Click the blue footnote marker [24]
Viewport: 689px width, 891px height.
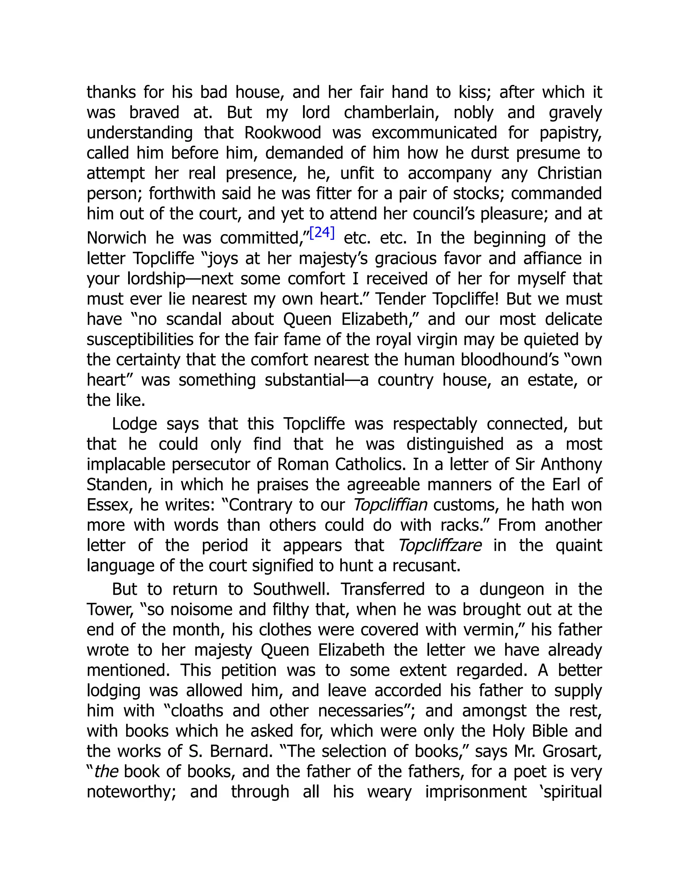(x=322, y=233)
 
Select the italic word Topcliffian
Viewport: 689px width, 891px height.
(x=390, y=505)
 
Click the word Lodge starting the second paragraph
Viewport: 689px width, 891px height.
(x=134, y=424)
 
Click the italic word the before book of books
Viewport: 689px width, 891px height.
(x=107, y=772)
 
